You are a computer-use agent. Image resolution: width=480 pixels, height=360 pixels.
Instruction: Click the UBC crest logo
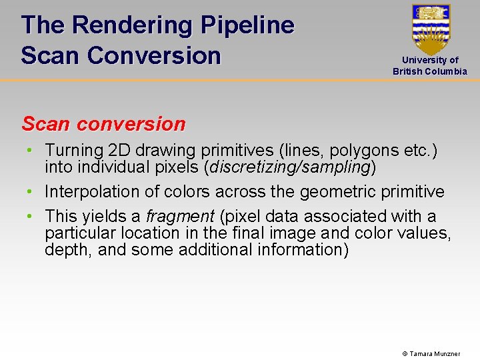[431, 29]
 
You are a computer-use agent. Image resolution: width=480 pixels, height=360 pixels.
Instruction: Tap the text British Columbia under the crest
[430, 71]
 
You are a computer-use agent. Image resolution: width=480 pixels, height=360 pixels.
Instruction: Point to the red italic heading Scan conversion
[103, 124]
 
